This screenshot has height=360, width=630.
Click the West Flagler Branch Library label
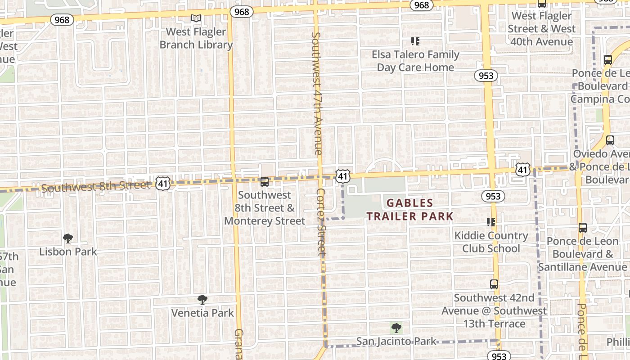196,38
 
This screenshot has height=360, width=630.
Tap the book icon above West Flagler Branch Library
196,18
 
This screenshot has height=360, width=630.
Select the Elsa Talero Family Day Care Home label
415,61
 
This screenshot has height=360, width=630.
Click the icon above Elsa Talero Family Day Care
415,41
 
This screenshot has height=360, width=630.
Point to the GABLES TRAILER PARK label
409,210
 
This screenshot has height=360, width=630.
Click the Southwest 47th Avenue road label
317,93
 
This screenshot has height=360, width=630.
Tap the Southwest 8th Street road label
96,186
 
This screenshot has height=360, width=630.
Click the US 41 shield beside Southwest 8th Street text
163,183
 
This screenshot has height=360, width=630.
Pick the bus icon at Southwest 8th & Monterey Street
265,182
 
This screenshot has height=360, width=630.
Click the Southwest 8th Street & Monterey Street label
265,208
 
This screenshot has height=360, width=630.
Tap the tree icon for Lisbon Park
68,238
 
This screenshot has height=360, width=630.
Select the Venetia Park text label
202,313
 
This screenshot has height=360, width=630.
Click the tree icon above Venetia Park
202,299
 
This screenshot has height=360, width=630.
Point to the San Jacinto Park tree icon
396,328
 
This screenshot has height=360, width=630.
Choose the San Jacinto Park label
396,342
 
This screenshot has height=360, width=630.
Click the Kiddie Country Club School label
491,242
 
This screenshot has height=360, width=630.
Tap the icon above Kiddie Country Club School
491,222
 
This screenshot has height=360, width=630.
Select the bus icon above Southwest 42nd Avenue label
494,284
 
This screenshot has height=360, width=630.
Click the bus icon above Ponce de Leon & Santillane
583,228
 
